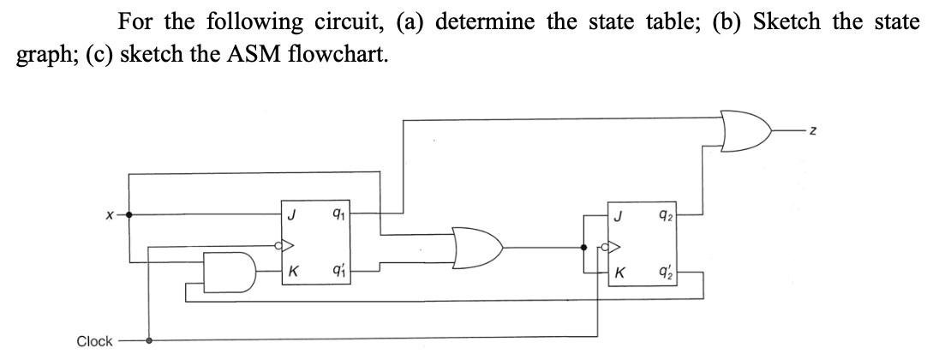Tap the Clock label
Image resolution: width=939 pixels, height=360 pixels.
coord(94,341)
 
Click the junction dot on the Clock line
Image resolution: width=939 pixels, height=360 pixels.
coord(151,339)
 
